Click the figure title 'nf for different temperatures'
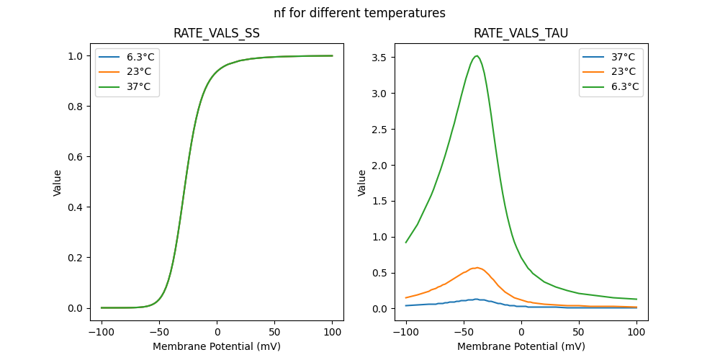[359, 13]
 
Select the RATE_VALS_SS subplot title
[217, 34]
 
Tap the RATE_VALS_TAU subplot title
[521, 34]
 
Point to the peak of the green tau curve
[476, 56]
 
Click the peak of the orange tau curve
[476, 267]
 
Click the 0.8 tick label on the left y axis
[74, 107]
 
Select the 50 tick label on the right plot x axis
[579, 333]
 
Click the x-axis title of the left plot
[217, 346]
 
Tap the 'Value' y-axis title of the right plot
[362, 183]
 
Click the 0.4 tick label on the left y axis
[74, 207]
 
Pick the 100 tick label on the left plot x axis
[333, 333]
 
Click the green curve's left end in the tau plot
[406, 243]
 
